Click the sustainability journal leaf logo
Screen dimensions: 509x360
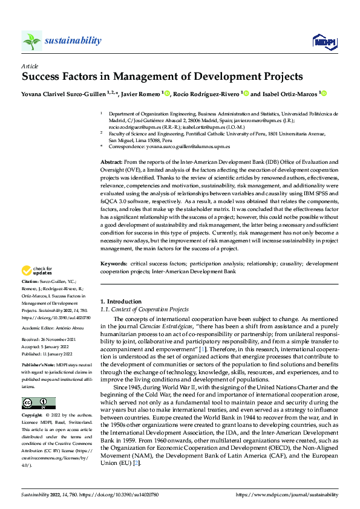pyautogui.click(x=31, y=41)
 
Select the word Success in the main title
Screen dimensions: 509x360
pyautogui.click(x=42, y=77)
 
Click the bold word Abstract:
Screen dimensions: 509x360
pyautogui.click(x=111, y=163)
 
